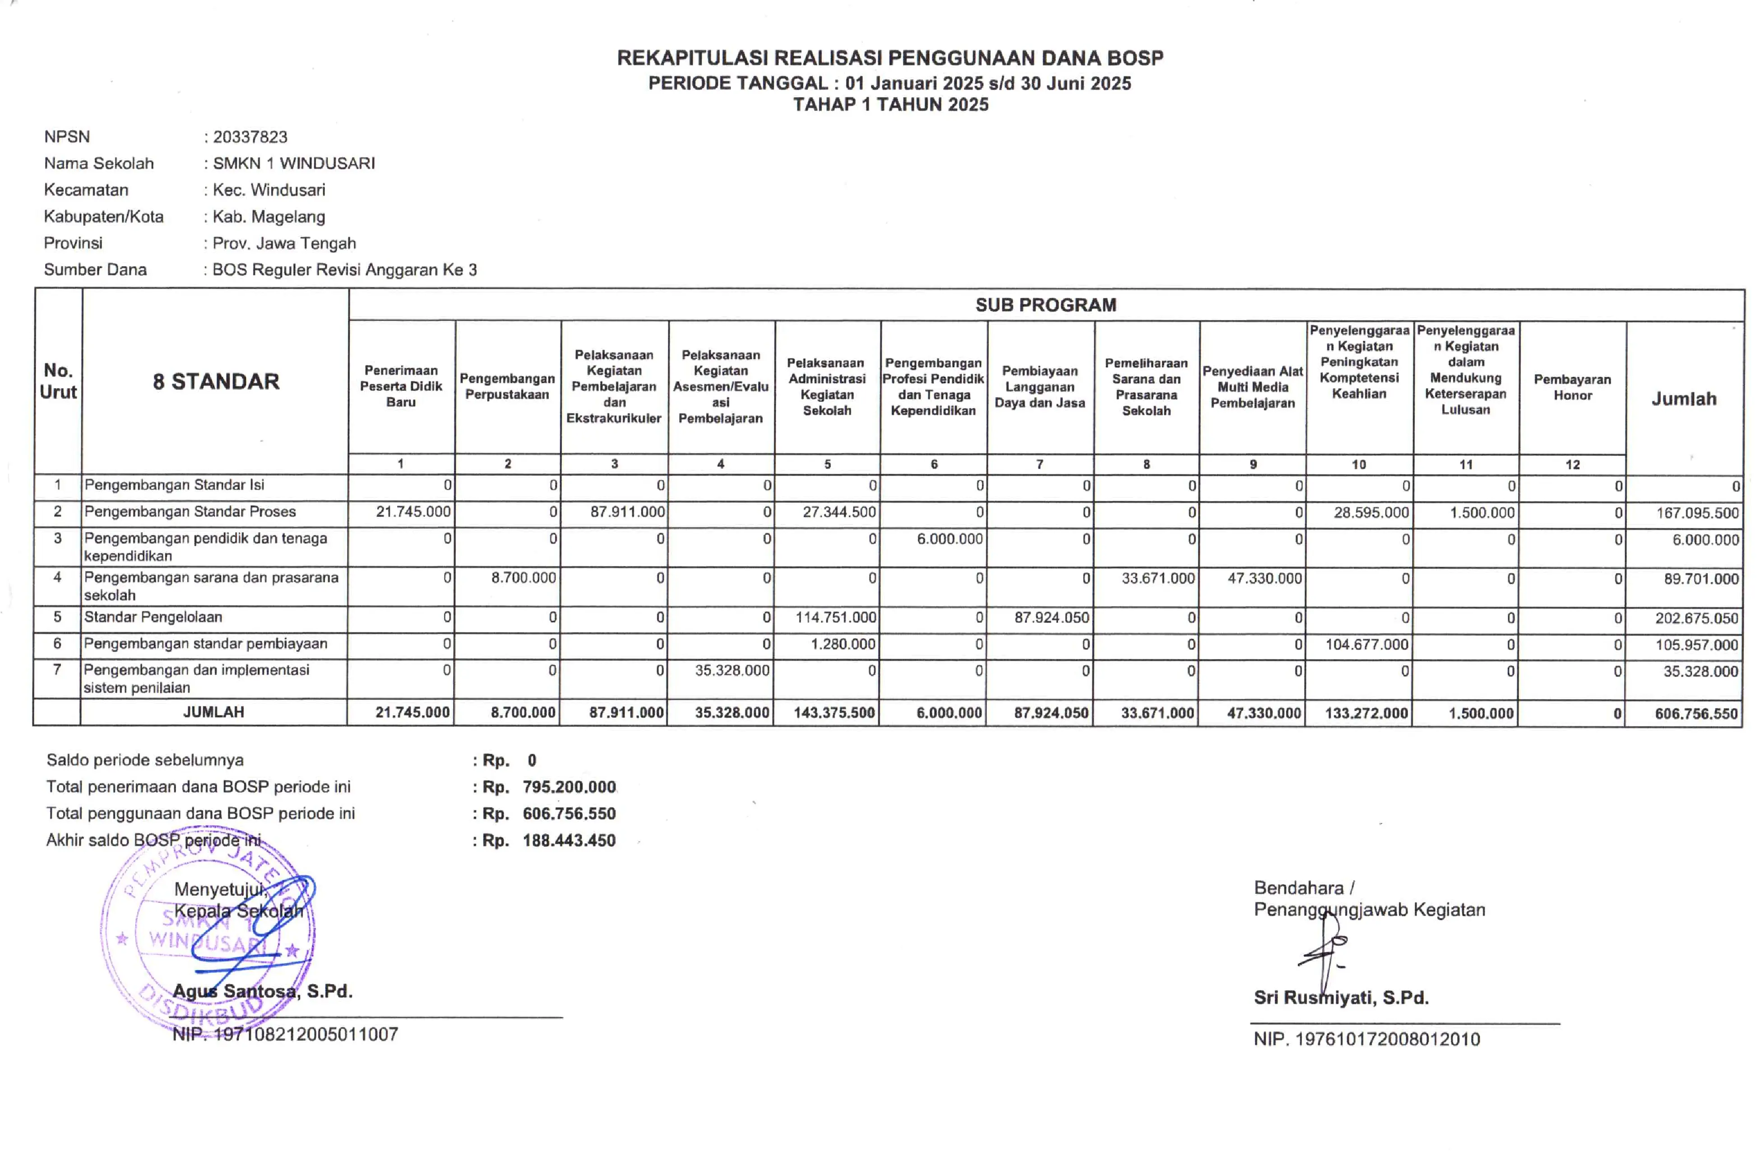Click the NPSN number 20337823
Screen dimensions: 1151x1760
[250, 137]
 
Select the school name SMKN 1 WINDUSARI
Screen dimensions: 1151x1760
[294, 163]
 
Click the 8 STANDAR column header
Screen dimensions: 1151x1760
[216, 382]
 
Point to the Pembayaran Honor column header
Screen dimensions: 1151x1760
[1572, 387]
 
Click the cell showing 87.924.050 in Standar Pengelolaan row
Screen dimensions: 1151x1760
[1051, 617]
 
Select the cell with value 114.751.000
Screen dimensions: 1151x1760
[836, 617]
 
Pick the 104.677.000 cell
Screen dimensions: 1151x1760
[1366, 644]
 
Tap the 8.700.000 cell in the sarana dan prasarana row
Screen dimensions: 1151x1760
[523, 578]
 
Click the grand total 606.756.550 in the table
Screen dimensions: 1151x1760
[1696, 714]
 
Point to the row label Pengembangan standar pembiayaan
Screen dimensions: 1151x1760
[206, 644]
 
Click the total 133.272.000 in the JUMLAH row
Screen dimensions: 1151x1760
[1366, 714]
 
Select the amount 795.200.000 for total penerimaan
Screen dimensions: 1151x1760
[569, 787]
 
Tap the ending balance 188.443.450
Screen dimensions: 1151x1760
[569, 840]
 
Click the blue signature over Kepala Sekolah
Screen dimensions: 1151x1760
[251, 925]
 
